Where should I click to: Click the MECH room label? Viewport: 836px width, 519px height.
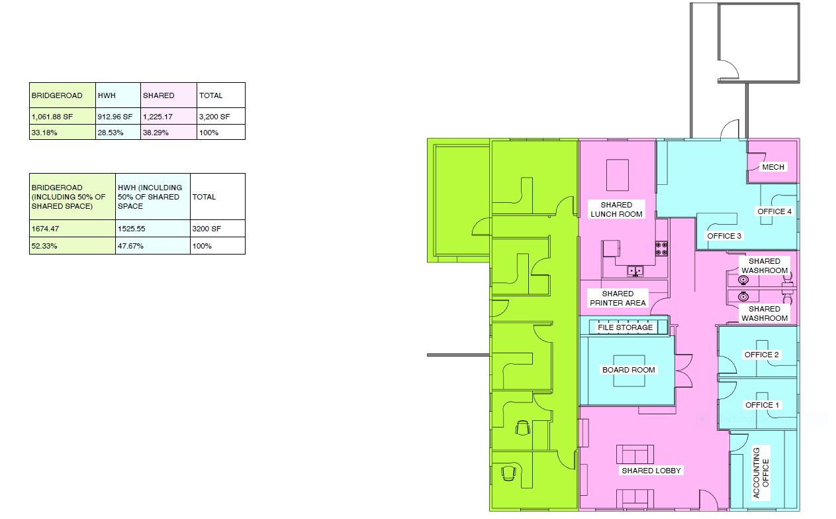point(773,167)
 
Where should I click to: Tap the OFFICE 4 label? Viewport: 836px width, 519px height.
point(774,211)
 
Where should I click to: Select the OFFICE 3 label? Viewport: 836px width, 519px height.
point(724,236)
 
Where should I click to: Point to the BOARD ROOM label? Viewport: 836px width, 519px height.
point(629,370)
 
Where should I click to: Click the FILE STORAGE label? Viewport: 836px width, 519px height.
point(625,327)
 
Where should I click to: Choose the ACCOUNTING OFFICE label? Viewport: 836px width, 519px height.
point(761,473)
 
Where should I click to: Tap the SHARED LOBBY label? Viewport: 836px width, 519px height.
point(651,471)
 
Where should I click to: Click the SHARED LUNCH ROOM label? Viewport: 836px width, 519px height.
point(616,209)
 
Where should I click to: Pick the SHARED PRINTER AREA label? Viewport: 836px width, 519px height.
point(618,298)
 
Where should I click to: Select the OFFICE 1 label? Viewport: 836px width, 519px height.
point(762,405)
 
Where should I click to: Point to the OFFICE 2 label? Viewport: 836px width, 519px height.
point(761,355)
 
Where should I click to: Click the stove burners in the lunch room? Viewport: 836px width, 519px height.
point(662,249)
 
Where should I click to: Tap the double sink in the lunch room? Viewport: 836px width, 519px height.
point(635,270)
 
